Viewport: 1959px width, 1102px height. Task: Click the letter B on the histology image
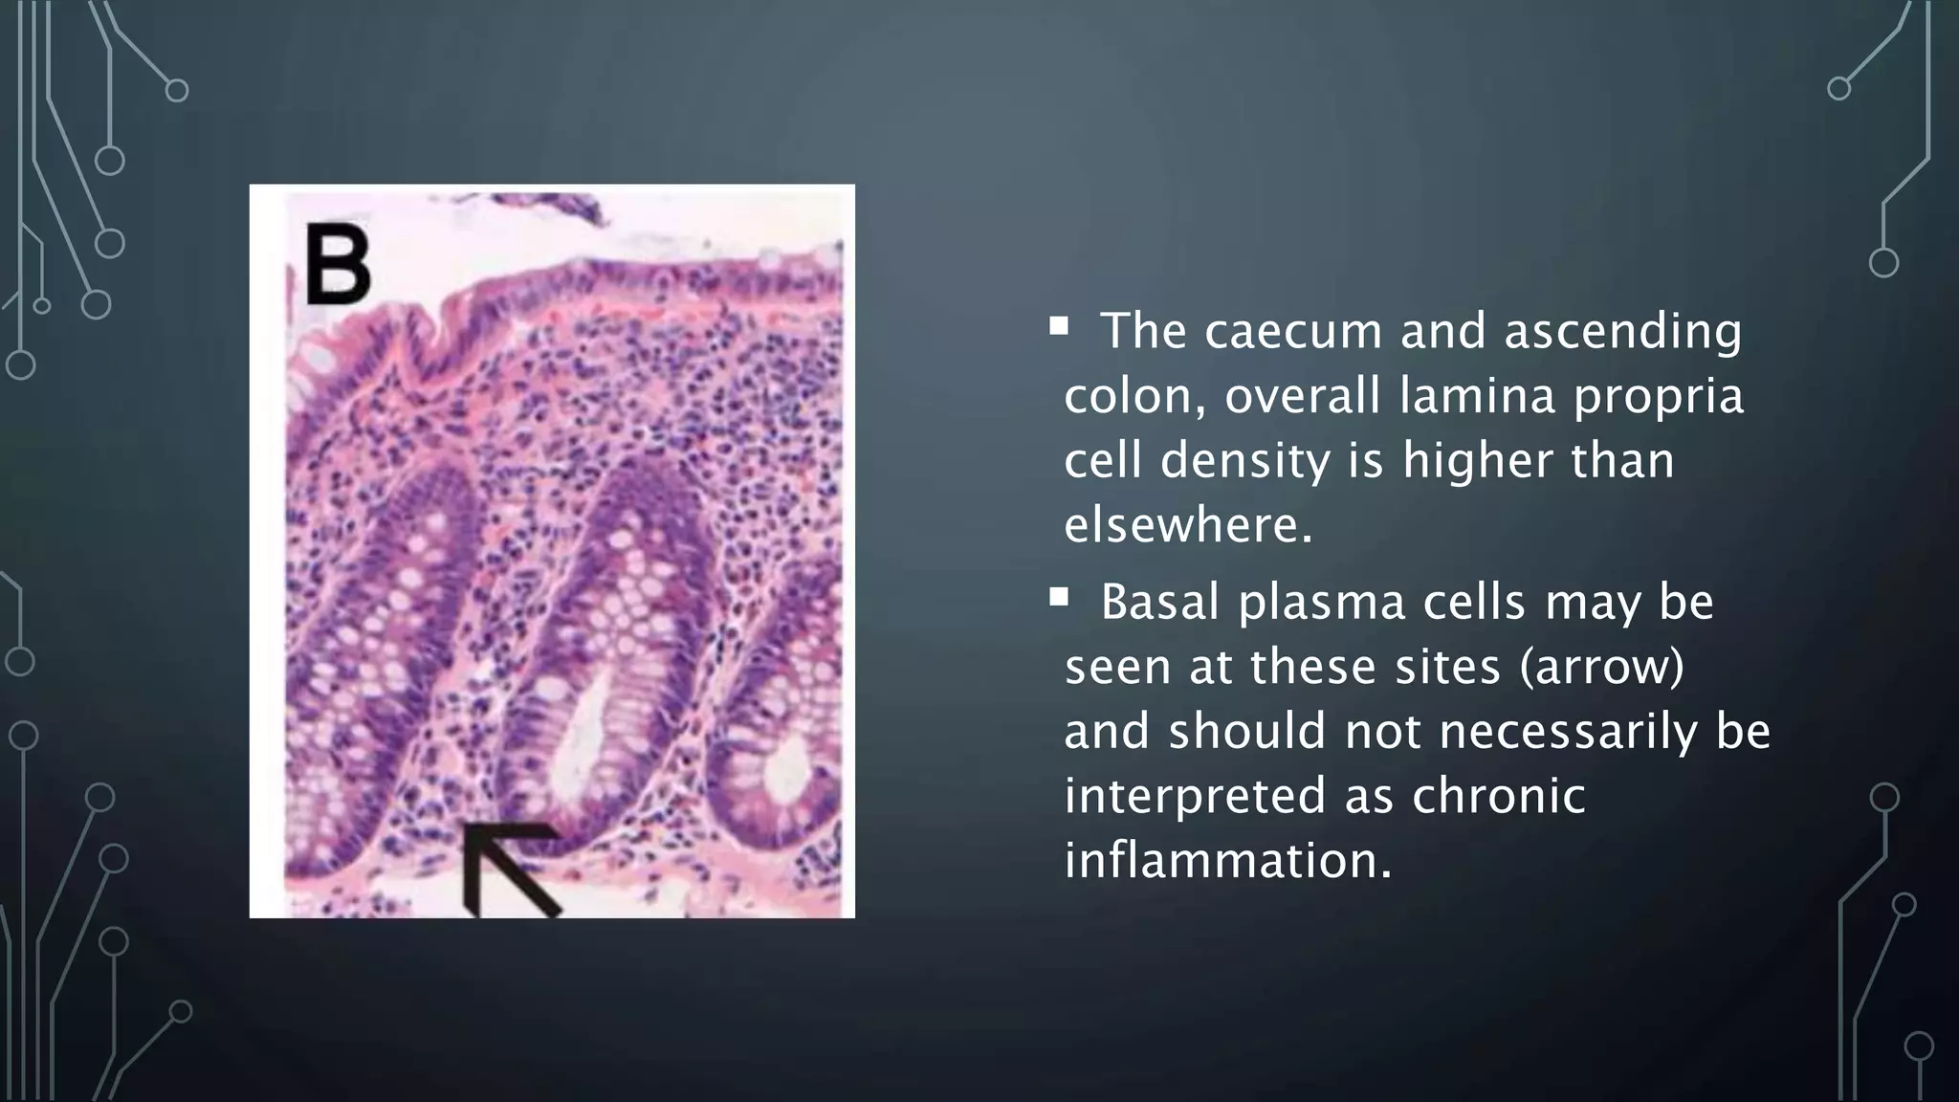pyautogui.click(x=338, y=263)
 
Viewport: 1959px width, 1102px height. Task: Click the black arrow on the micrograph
pyautogui.click(x=507, y=867)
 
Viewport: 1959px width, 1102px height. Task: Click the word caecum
pyautogui.click(x=1292, y=331)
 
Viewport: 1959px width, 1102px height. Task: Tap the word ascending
pyautogui.click(x=1622, y=331)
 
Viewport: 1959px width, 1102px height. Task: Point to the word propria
pyautogui.click(x=1659, y=396)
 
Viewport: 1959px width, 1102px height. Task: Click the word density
pyautogui.click(x=1246, y=460)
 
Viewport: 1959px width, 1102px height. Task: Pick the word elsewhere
pyautogui.click(x=1189, y=525)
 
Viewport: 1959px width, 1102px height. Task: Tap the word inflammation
pyautogui.click(x=1228, y=860)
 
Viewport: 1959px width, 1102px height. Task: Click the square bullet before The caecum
pyautogui.click(x=1058, y=327)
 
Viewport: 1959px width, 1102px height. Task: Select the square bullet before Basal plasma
pyautogui.click(x=1058, y=599)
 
